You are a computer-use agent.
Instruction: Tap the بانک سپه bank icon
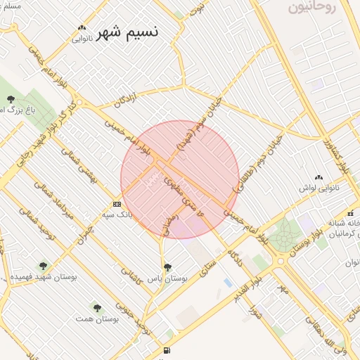click(x=117, y=204)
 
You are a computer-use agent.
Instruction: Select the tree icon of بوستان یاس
click(x=167, y=267)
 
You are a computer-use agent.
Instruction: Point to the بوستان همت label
click(x=98, y=319)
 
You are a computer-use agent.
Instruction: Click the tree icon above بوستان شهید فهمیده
click(x=44, y=266)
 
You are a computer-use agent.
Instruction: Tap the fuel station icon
click(x=167, y=351)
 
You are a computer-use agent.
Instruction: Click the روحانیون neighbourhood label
click(x=313, y=8)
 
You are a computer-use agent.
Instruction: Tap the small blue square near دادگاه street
click(x=227, y=283)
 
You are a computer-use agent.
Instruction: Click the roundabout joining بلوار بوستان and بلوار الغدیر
click(x=281, y=260)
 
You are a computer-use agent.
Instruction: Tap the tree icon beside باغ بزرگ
click(x=11, y=99)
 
